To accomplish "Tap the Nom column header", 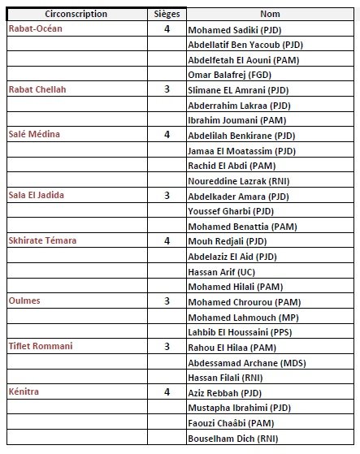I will [271, 14].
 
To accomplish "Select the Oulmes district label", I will [24, 301].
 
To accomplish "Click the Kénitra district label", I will [24, 391].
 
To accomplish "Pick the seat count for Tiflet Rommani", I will [167, 347].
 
